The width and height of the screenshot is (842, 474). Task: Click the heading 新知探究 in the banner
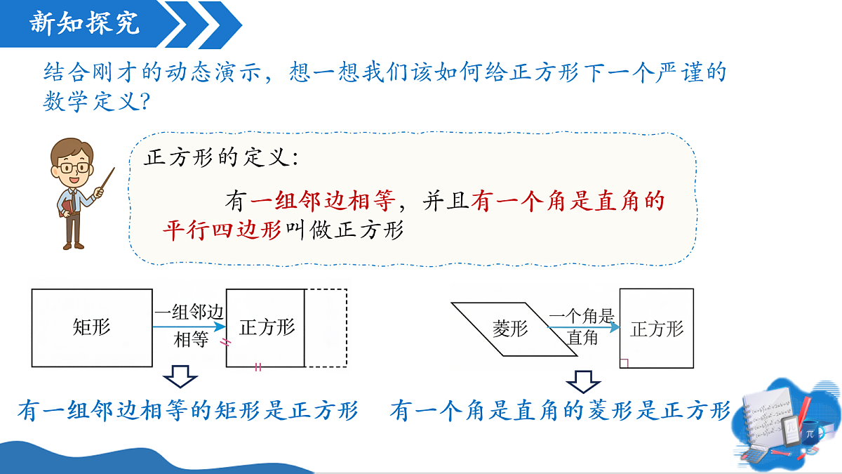[x=85, y=22]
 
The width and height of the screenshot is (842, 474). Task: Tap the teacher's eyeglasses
[x=74, y=168]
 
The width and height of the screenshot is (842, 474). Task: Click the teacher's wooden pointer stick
[x=107, y=180]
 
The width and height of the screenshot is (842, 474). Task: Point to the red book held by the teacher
[x=65, y=208]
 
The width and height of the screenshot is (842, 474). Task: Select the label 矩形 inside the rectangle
[x=91, y=327]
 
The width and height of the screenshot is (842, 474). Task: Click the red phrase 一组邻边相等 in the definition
[x=323, y=201]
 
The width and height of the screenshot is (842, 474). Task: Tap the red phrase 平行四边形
[x=222, y=230]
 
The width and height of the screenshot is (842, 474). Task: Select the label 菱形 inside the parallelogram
[x=510, y=329]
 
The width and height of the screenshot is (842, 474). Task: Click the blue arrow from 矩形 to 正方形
[x=189, y=327]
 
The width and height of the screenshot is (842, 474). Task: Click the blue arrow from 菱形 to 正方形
[x=583, y=327]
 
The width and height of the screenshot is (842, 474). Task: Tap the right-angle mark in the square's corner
[x=624, y=363]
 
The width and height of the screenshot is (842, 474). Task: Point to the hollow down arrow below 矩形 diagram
[x=180, y=376]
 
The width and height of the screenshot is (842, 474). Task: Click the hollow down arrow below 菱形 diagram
[x=583, y=382]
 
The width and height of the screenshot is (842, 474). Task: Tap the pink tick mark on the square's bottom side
[x=258, y=367]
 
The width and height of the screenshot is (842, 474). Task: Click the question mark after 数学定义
[x=145, y=101]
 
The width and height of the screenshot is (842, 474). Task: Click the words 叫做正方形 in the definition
[x=345, y=230]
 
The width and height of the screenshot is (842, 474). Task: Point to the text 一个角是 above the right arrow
[x=582, y=315]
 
